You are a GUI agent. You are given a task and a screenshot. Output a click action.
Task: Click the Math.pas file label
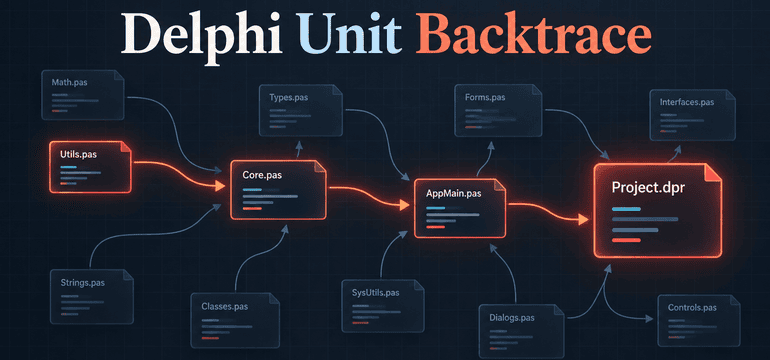(x=69, y=83)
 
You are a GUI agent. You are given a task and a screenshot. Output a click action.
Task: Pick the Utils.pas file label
(x=78, y=154)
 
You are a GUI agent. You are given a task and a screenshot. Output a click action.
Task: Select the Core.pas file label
(x=262, y=174)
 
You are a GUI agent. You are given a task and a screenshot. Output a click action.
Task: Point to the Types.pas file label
(x=289, y=97)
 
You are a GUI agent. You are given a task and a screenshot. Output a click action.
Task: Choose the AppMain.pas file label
(x=454, y=193)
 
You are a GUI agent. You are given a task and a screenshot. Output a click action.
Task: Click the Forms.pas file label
(x=485, y=97)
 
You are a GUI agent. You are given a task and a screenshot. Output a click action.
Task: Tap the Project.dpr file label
(x=647, y=187)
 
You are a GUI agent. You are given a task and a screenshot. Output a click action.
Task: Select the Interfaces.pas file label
(x=687, y=103)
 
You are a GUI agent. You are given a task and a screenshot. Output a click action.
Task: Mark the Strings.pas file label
(x=82, y=283)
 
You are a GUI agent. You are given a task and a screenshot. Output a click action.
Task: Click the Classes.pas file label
(x=224, y=306)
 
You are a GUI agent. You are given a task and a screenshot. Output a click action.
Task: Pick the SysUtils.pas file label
(x=376, y=293)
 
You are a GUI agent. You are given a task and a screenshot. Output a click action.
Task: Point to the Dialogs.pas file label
(x=512, y=317)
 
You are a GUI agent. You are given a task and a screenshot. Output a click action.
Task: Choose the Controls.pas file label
(x=692, y=308)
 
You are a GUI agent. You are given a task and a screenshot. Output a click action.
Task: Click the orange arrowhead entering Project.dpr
(x=583, y=220)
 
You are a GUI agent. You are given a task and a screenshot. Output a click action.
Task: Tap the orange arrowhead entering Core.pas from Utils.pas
(x=219, y=186)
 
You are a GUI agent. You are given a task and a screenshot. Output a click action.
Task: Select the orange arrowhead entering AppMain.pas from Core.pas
(x=404, y=205)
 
